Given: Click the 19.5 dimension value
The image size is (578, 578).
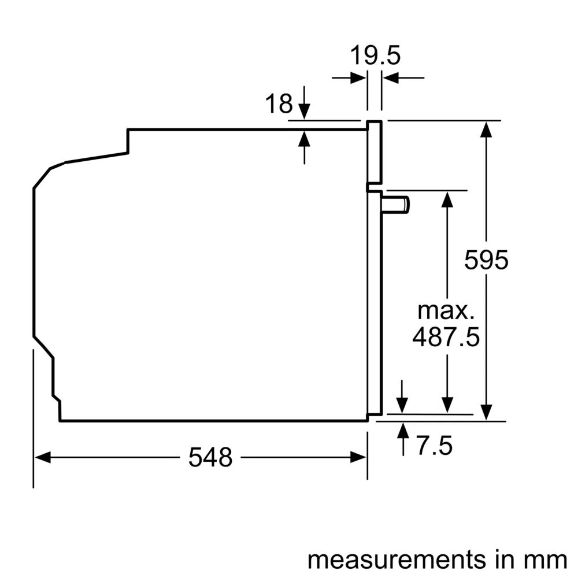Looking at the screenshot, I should click(375, 56).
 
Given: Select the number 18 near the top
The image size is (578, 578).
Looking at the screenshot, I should click(279, 104).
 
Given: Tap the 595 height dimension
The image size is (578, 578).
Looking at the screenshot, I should click(486, 261).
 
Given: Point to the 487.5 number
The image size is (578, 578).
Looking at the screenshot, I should click(446, 337).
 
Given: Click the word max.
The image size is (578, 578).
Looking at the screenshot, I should click(446, 311).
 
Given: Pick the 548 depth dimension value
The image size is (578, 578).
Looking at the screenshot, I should click(210, 458).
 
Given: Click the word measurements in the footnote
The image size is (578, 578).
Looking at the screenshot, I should click(388, 559).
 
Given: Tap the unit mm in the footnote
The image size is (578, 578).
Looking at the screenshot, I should click(549, 559).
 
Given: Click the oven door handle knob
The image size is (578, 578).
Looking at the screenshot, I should click(399, 204).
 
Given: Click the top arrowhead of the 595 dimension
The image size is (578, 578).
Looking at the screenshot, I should click(487, 128).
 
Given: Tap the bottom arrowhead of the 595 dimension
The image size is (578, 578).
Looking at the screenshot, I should click(487, 413).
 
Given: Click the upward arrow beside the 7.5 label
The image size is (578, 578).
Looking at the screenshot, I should click(402, 431).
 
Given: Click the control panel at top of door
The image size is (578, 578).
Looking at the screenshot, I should click(375, 153).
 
